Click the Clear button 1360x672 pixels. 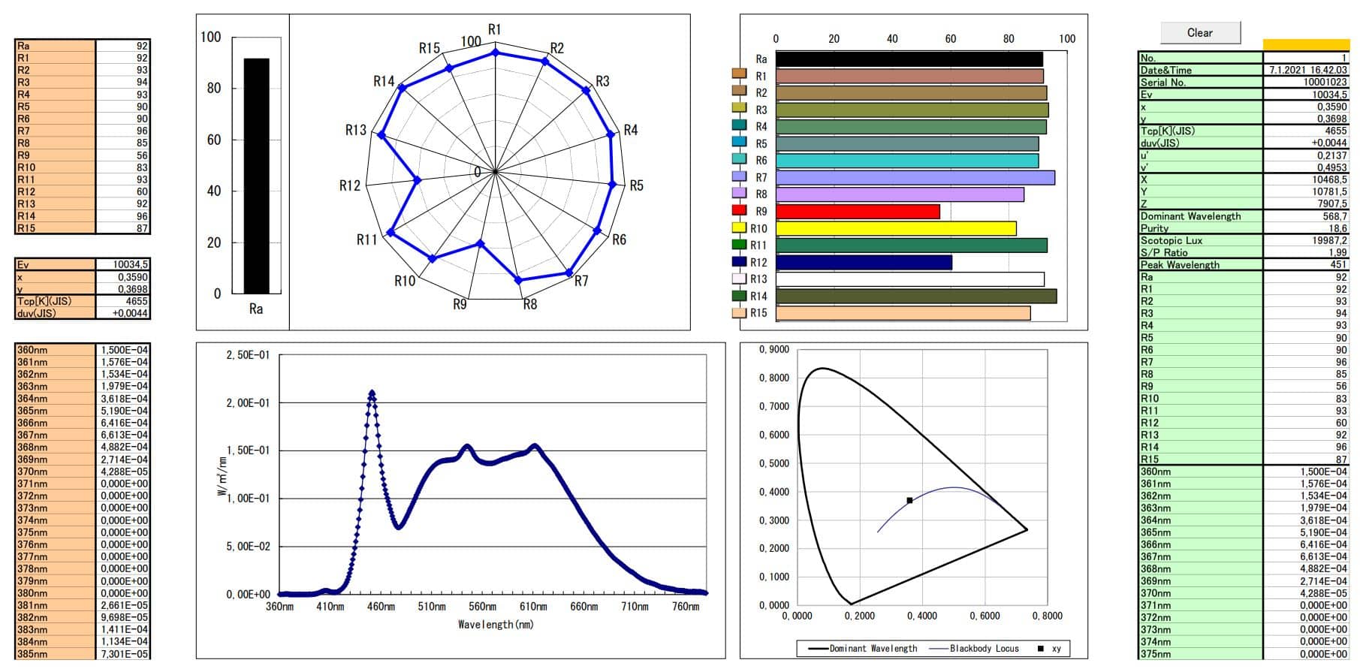coord(1199,32)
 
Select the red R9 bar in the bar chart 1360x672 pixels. coord(857,212)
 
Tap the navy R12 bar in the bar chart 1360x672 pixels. coord(863,262)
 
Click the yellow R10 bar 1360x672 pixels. coord(895,228)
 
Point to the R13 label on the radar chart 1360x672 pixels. coord(355,130)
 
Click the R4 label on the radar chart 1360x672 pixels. coord(631,130)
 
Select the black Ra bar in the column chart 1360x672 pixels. coord(256,176)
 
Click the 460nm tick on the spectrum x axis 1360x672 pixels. coord(381,607)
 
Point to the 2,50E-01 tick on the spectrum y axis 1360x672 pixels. coord(248,355)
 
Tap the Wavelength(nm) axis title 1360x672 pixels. coord(496,625)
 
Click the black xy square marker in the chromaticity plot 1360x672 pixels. coord(909,500)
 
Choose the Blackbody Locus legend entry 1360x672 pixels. coord(984,649)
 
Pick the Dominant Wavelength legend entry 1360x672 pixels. coord(873,649)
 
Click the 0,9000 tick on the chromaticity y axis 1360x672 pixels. coord(773,350)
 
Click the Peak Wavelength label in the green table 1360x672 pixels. coord(1180,265)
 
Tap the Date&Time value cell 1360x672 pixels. coord(1307,70)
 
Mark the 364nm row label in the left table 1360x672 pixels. coord(32,399)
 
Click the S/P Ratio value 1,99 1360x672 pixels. coord(1337,253)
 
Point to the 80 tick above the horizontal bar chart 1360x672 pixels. coord(1009,39)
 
